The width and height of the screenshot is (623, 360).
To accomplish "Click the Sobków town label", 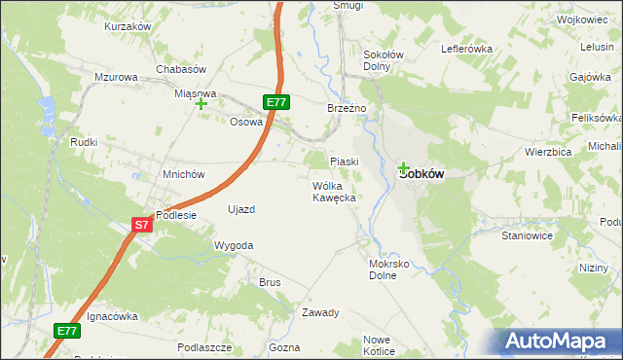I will pos(422,174).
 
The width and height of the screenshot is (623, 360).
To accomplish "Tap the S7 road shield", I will pos(142,225).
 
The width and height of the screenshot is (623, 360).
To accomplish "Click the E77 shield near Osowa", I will pos(276,101).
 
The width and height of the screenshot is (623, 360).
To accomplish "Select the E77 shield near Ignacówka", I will pos(66,332).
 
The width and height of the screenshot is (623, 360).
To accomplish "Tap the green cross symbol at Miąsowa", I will pos(202,103).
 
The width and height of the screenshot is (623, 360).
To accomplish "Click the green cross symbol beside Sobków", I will pos(403,167).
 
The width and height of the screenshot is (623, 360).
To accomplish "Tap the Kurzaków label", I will pos(128,26).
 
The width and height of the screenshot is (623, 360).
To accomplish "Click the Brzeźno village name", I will pos(347,109).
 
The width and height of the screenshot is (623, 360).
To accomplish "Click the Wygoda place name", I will pos(234,246).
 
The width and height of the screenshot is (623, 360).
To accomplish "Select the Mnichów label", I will pos(184,175).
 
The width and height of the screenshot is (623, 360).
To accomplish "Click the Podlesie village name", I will pos(176,216).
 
